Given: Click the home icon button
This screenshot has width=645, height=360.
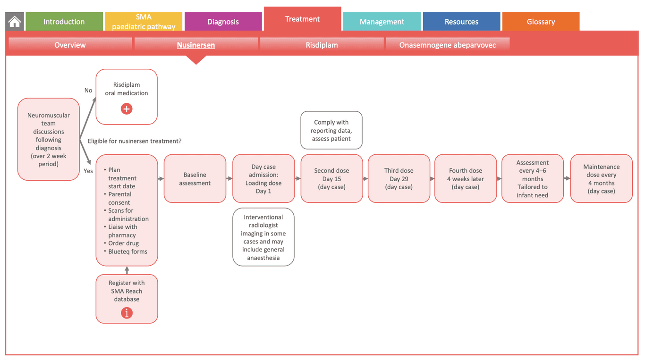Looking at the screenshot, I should [x=15, y=22].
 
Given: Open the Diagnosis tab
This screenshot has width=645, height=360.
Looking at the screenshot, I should [x=223, y=22].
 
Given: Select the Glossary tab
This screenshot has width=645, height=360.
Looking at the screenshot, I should [x=541, y=22].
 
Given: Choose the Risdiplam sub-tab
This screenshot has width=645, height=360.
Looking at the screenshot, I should [x=322, y=45].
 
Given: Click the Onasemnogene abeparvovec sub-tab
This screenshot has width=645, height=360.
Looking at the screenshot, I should [x=448, y=45].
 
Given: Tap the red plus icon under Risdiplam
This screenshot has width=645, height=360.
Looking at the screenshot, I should [x=127, y=109].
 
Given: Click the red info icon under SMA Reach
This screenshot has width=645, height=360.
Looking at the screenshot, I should [x=127, y=312].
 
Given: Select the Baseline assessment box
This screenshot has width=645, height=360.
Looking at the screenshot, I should [x=195, y=179].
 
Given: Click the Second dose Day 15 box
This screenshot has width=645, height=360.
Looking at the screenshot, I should [x=331, y=179].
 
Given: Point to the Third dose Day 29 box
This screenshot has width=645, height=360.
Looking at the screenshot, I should [x=399, y=179].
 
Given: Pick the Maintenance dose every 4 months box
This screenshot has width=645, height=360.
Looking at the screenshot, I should [x=601, y=179].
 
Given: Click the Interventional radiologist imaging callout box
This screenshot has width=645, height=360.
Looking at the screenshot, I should [x=263, y=237].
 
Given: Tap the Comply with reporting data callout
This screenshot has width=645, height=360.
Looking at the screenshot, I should [x=331, y=130].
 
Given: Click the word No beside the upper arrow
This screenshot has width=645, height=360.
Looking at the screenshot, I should [x=88, y=90].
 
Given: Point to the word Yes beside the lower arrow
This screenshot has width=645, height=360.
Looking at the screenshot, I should [x=88, y=171].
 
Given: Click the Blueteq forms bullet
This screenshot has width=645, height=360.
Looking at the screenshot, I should [x=127, y=251].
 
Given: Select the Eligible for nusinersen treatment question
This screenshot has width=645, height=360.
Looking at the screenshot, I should [x=135, y=141].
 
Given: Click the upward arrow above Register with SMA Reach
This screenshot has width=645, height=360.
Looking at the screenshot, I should [x=127, y=270].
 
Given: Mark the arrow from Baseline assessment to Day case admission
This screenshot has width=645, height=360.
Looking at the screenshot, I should [x=229, y=179].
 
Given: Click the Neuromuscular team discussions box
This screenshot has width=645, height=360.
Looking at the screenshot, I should [x=48, y=140].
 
